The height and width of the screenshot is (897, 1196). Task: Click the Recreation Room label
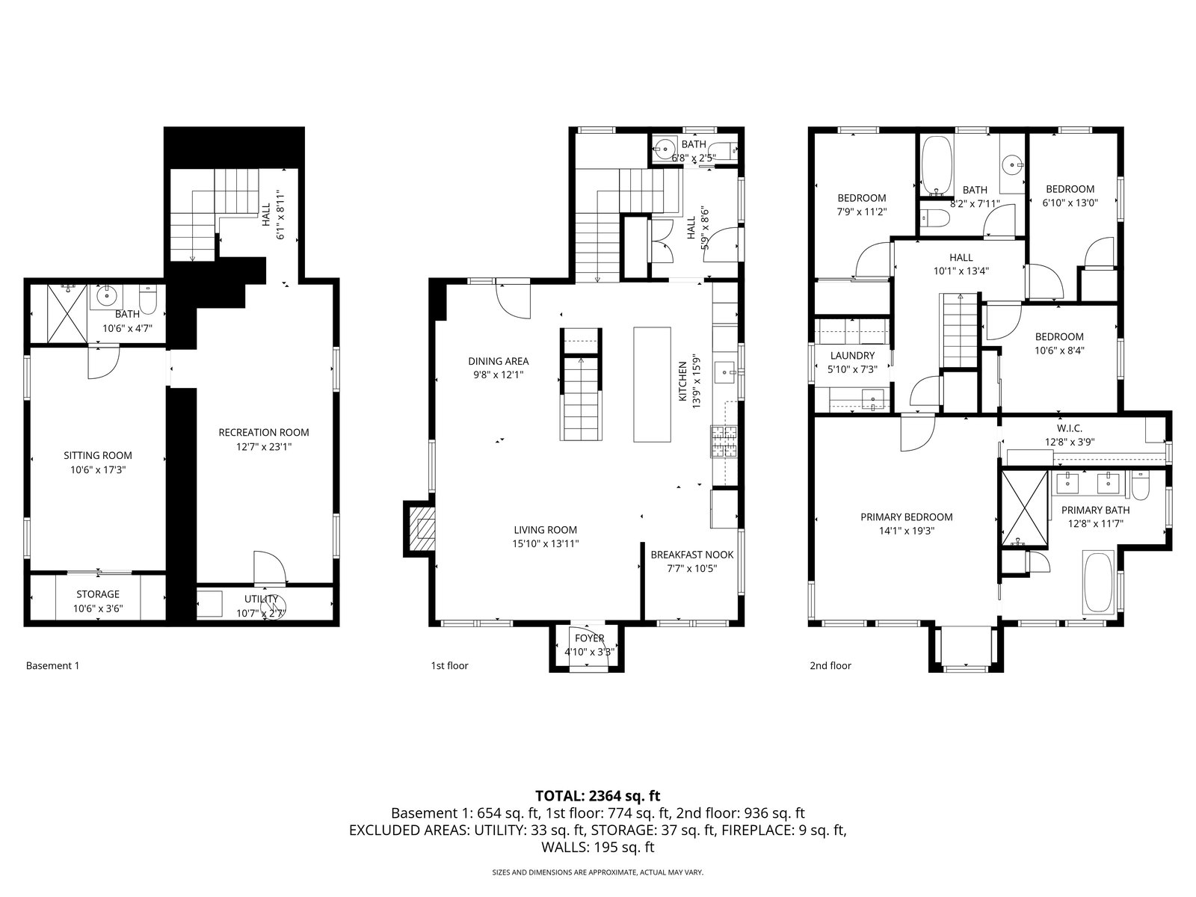(264, 433)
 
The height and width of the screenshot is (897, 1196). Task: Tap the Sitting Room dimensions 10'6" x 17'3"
(98, 469)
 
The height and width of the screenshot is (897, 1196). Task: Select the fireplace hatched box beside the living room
(422, 529)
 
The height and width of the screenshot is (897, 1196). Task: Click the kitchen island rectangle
(652, 384)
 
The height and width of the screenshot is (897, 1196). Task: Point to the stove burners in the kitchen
(724, 442)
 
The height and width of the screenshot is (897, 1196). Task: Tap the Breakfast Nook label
(692, 555)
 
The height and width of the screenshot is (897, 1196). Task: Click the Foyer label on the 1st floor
(590, 638)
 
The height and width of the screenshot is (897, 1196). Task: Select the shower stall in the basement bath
(67, 314)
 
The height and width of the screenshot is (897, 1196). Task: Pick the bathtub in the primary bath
(1099, 583)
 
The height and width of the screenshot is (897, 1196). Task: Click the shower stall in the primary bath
(1025, 509)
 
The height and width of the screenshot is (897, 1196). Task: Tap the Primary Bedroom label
(907, 517)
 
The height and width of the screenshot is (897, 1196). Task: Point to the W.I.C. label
(1070, 428)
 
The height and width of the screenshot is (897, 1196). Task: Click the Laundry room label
(852, 356)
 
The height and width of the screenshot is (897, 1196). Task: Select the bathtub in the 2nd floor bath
(937, 164)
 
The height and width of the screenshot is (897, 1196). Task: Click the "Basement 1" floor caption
(53, 665)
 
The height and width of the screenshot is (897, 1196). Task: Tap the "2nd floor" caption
(830, 665)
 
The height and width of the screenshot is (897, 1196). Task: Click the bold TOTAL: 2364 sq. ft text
(598, 795)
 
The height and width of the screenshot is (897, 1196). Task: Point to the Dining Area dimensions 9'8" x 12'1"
(499, 374)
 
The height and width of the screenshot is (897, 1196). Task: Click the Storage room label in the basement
(97, 594)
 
